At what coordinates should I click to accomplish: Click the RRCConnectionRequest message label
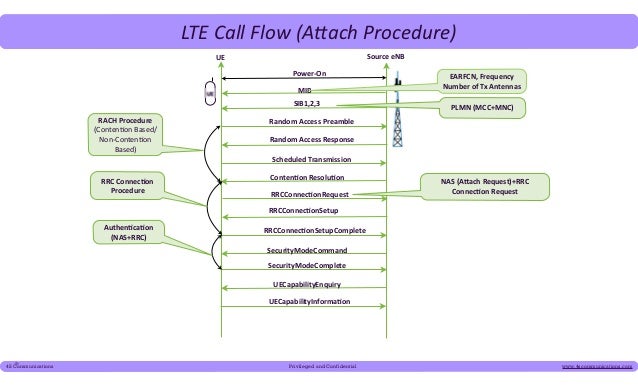(x=309, y=194)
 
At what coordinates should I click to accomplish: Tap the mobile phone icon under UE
(x=211, y=94)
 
